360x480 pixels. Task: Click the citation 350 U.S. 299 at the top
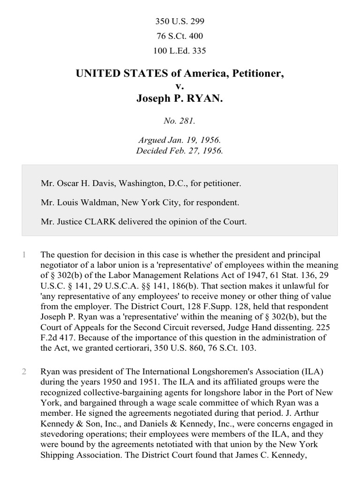pyautogui.click(x=180, y=22)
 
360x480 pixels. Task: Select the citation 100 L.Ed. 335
pyautogui.click(x=180, y=51)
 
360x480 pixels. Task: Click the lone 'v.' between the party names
pyautogui.click(x=180, y=86)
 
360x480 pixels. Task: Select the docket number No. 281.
pyautogui.click(x=180, y=121)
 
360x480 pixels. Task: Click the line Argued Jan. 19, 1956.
pyautogui.click(x=180, y=140)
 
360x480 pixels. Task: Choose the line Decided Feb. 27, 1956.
pyautogui.click(x=180, y=150)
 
